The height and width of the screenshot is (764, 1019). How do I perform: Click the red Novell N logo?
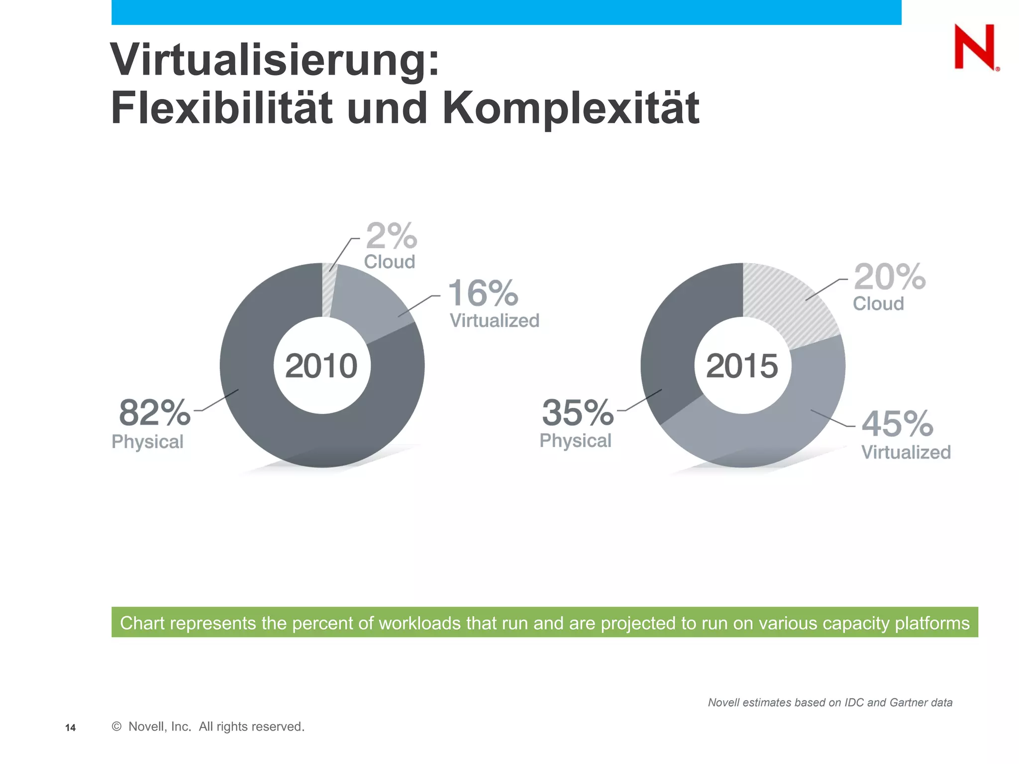click(x=974, y=47)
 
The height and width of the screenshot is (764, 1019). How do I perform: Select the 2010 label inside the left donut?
click(x=321, y=366)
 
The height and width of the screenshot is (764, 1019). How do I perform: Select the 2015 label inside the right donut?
click(x=742, y=366)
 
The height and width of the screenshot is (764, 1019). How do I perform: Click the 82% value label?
click(x=155, y=413)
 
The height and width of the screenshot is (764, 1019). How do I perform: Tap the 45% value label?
click(x=897, y=424)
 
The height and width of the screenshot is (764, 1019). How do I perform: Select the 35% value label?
click(x=577, y=413)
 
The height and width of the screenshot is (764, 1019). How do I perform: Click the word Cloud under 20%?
click(x=878, y=303)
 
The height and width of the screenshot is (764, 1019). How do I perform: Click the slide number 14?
click(x=71, y=728)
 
